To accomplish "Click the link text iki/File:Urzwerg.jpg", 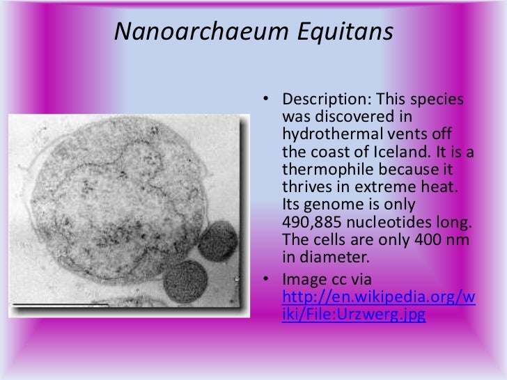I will point(353,314).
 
